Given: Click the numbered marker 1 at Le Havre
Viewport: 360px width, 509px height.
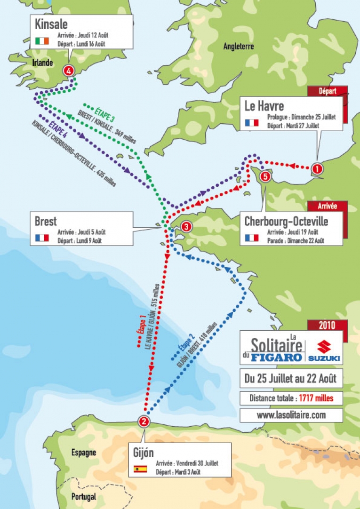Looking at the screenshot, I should tap(317, 168).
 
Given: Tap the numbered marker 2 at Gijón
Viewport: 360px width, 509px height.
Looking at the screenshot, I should tap(144, 422).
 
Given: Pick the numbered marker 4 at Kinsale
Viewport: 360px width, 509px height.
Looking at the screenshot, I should tap(69, 71).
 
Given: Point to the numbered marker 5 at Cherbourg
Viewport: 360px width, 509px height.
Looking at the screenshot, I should tap(265, 176).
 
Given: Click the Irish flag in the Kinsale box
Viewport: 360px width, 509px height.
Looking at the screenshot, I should tap(42, 41).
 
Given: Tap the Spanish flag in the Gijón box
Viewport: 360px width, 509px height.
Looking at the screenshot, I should tap(140, 469).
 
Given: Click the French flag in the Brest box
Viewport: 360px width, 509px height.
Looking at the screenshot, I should tap(42, 238).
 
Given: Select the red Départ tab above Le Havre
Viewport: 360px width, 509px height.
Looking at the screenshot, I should tap(328, 91).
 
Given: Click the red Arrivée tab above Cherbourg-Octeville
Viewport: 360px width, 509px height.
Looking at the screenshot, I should tap(327, 206).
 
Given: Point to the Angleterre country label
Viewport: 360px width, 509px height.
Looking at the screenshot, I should tap(239, 46).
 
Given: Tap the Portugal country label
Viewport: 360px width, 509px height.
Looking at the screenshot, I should tap(84, 496).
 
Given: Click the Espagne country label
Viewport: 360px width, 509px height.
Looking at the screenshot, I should tap(84, 453).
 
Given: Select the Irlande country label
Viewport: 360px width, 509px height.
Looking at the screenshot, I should tap(43, 63).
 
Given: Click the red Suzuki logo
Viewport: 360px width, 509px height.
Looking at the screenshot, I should tap(324, 350).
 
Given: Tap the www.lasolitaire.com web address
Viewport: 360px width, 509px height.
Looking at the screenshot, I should tap(291, 415).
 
